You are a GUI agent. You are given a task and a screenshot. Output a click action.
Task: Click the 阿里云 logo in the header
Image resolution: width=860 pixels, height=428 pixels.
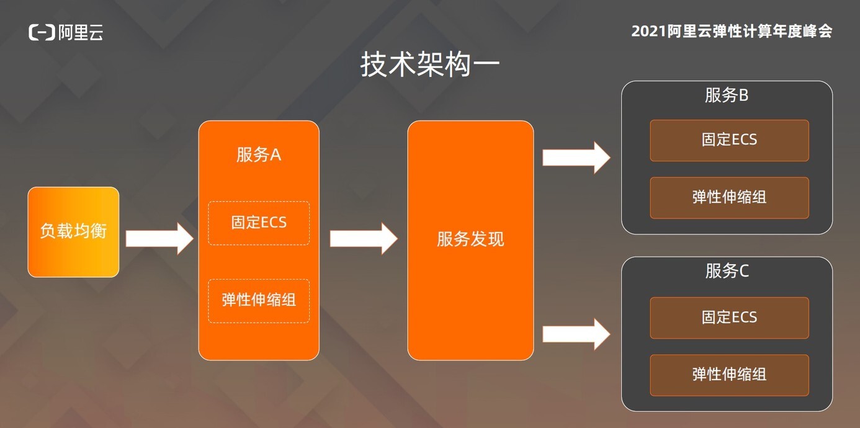point(66,32)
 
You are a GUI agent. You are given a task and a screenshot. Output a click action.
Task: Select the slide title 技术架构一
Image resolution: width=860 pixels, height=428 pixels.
point(430,65)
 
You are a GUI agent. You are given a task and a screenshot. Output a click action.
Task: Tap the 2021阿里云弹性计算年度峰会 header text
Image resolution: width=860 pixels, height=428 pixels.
point(732,31)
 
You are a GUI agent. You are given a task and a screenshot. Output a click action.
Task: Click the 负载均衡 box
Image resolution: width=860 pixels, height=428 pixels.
point(73,232)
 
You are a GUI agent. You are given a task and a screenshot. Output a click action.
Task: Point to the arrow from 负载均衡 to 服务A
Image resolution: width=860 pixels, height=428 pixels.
point(159,239)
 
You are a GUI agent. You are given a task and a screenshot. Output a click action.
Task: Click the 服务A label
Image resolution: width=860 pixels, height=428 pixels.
point(259,155)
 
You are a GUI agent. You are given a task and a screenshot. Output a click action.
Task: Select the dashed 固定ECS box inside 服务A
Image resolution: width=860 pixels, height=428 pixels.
point(259,223)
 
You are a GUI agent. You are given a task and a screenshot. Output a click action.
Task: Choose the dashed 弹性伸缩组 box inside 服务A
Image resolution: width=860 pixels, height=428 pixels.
point(259,301)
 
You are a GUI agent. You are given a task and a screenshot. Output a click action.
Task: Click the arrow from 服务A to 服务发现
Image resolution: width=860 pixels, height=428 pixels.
point(364,239)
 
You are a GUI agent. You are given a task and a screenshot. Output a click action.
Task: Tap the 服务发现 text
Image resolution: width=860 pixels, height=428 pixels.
point(470,239)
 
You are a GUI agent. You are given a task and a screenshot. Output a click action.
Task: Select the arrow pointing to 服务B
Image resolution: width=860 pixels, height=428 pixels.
point(576,158)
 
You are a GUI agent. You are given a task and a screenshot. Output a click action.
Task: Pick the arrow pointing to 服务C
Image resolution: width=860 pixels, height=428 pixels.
point(576,334)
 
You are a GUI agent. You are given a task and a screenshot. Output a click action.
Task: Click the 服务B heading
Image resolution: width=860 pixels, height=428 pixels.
point(727,95)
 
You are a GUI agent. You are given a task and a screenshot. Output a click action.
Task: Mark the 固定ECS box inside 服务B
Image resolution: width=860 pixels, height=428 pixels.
point(730,140)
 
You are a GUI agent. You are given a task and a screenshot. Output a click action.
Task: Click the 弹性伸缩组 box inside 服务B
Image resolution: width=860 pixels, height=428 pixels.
point(730,198)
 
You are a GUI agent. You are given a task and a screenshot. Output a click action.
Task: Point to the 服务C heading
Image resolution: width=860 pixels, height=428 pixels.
point(727,271)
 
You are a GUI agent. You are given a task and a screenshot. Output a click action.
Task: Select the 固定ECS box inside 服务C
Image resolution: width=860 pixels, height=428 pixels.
point(730,318)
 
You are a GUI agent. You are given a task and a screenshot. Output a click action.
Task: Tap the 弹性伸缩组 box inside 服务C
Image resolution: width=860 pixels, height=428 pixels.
point(730,375)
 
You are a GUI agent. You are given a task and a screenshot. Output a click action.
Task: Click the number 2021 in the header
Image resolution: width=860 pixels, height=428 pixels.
point(648,32)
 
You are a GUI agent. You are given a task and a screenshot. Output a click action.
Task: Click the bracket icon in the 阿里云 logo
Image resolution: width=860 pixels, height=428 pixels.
point(42,32)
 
